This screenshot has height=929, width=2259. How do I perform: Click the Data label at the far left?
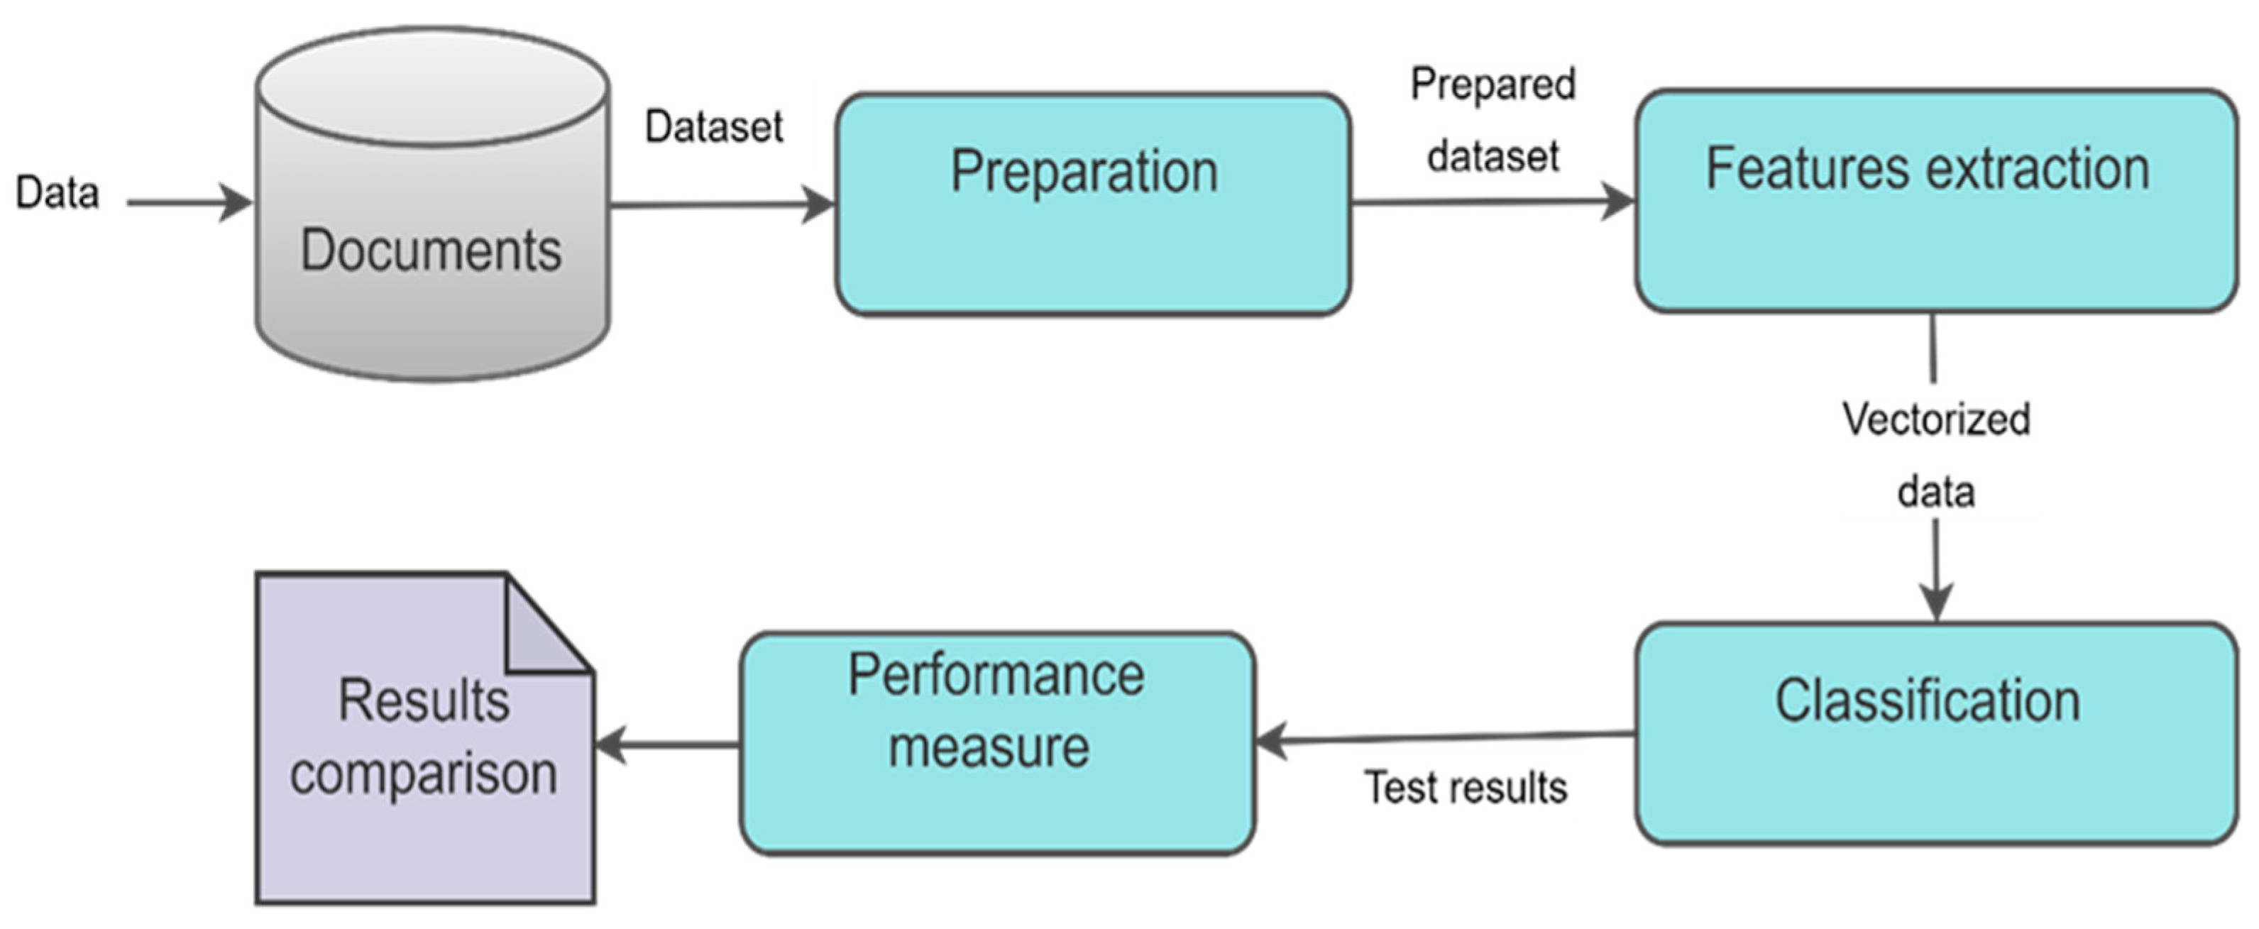click(x=57, y=193)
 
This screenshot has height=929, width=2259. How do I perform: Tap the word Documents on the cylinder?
click(x=431, y=251)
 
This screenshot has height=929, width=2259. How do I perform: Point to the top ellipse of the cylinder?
click(x=433, y=87)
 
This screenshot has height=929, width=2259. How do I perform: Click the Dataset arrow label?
click(x=714, y=128)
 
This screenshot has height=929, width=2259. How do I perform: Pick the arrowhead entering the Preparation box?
click(x=820, y=205)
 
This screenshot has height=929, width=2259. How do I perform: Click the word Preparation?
click(x=1084, y=171)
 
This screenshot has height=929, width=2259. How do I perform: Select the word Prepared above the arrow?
click(x=1493, y=85)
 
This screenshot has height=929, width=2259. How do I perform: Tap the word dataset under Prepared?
click(x=1493, y=157)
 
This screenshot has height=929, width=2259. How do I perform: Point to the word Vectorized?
click(x=1935, y=419)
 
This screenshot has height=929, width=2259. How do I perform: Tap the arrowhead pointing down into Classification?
click(x=1936, y=603)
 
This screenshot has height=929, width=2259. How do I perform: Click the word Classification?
click(x=1928, y=701)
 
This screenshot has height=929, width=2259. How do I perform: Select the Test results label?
click(x=1466, y=788)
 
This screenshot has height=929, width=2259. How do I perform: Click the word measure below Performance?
click(x=989, y=747)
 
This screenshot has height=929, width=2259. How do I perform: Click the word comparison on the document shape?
click(x=424, y=774)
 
